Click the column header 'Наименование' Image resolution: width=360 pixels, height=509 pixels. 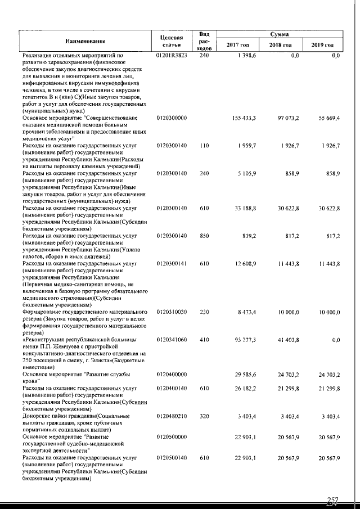coord(85,40)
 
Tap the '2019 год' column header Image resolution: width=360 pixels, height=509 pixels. coord(322,44)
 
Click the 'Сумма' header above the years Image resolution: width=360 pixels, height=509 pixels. coord(280,34)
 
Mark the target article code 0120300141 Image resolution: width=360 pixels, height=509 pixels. coord(172,264)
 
